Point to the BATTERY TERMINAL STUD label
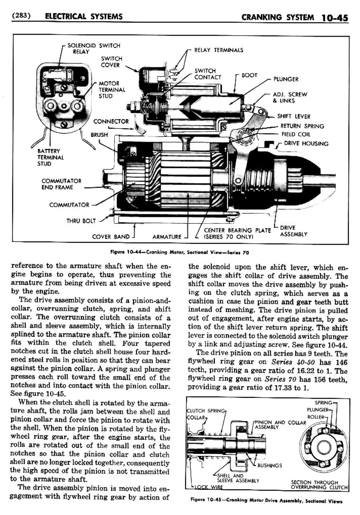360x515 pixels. (x=51, y=157)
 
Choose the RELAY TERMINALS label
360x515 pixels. (x=218, y=50)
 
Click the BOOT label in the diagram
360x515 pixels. (x=249, y=75)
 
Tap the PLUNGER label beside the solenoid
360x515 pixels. (x=286, y=79)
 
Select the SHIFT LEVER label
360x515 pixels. (x=293, y=116)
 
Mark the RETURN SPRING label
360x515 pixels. (x=302, y=126)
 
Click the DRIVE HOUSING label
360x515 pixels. (x=306, y=143)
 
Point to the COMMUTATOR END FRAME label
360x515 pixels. (x=61, y=184)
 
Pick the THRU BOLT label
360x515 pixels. (x=81, y=221)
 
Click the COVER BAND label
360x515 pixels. (x=111, y=237)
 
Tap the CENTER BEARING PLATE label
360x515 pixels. (x=237, y=233)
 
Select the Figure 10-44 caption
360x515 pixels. (x=179, y=252)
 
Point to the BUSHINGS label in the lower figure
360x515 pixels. (x=269, y=466)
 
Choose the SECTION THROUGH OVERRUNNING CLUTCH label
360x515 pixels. (x=319, y=485)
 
